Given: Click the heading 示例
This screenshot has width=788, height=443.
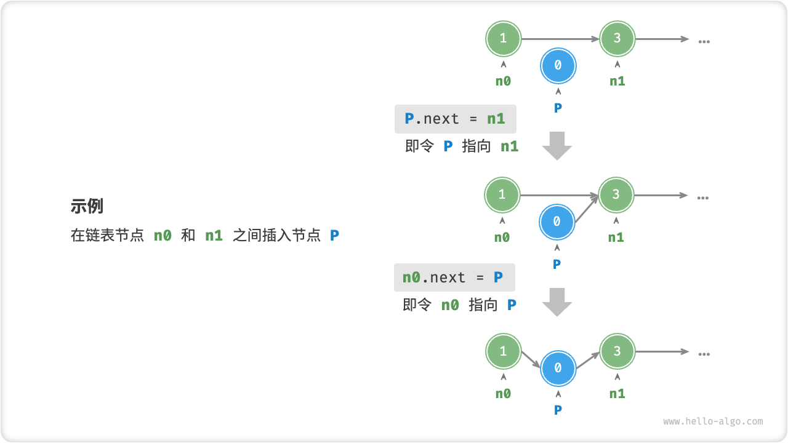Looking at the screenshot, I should pyautogui.click(x=87, y=206).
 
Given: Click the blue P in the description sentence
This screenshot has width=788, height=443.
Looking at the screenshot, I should pyautogui.click(x=334, y=235).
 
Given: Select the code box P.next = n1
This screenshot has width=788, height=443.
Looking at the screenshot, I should pyautogui.click(x=455, y=119).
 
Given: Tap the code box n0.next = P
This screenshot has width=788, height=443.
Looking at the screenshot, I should pyautogui.click(x=454, y=277).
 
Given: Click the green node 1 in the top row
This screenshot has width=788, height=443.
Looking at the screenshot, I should pyautogui.click(x=503, y=38).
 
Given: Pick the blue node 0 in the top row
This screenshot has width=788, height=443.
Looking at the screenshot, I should pyautogui.click(x=558, y=65).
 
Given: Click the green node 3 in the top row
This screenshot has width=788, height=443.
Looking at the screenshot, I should pyautogui.click(x=617, y=38).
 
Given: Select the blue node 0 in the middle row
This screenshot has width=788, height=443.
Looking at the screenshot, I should pyautogui.click(x=557, y=221).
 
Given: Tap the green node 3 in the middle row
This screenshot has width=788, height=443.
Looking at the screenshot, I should pyautogui.click(x=616, y=194).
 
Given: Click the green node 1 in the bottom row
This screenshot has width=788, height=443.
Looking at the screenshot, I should pyautogui.click(x=503, y=351).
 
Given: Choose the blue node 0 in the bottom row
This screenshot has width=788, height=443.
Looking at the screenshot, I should pyautogui.click(x=558, y=368).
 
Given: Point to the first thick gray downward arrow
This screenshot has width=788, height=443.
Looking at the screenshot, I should pyautogui.click(x=557, y=146).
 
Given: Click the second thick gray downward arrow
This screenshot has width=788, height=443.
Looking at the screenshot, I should pyautogui.click(x=557, y=302).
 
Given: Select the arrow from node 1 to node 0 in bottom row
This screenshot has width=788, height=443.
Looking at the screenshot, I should pyautogui.click(x=531, y=359).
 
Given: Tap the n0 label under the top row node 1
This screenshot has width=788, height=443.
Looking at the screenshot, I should pyautogui.click(x=503, y=81).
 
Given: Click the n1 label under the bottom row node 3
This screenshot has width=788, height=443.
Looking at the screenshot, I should pyautogui.click(x=617, y=394).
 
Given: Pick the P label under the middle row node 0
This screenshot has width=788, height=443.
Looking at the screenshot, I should pyautogui.click(x=557, y=264).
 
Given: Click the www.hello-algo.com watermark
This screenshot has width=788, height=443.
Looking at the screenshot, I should pyautogui.click(x=713, y=421).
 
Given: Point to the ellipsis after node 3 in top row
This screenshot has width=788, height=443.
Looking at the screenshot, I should pyautogui.click(x=704, y=41).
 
